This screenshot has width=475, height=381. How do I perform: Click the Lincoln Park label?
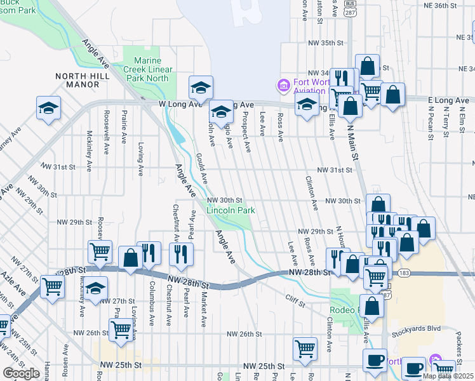231,210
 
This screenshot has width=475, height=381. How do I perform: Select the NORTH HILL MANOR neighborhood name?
82,80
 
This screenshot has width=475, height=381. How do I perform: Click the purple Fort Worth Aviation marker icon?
283,84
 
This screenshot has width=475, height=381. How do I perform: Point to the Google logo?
21,373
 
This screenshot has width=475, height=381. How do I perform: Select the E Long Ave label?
448,100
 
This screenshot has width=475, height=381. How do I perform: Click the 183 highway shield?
404,273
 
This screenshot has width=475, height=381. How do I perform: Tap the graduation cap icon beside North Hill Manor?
48,109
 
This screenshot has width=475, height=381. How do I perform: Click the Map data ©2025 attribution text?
448,376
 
